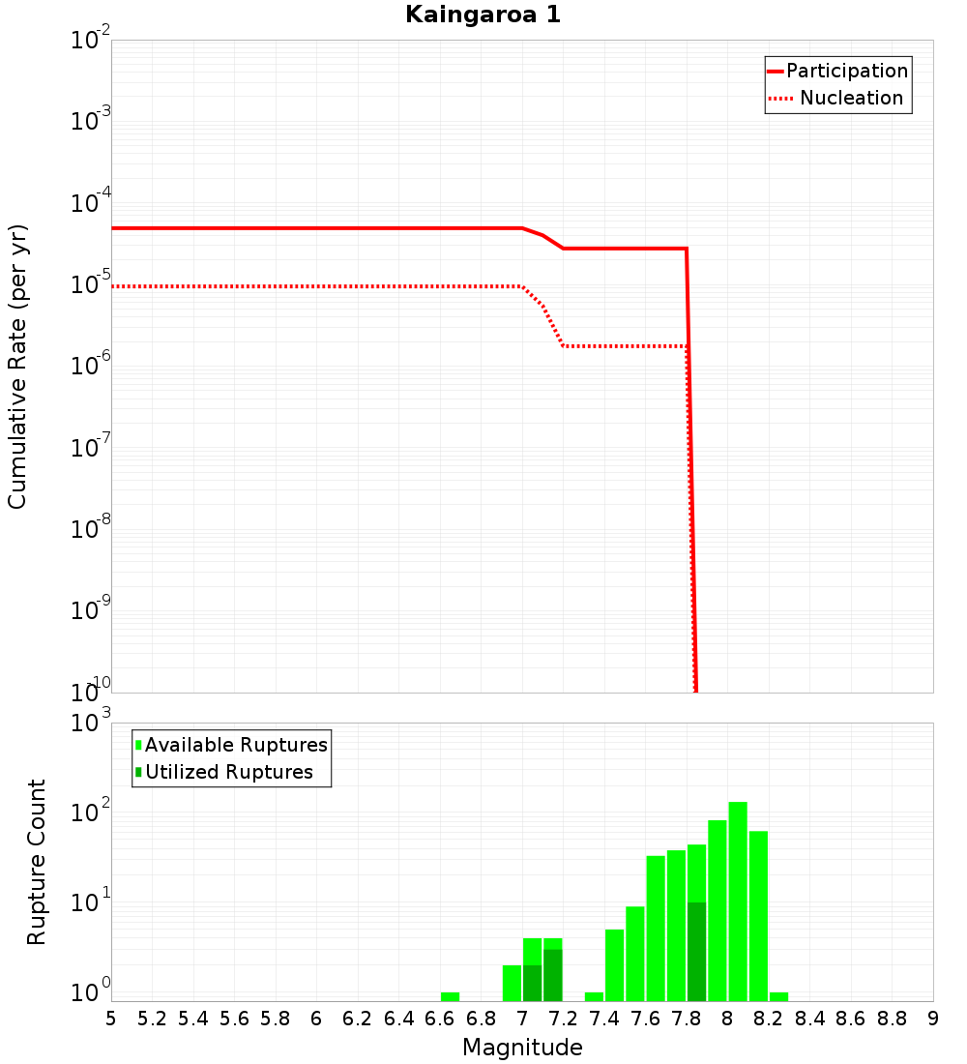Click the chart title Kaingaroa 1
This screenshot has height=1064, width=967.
(x=483, y=15)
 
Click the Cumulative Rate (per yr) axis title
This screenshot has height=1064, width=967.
(x=17, y=367)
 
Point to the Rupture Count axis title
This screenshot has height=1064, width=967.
(x=37, y=862)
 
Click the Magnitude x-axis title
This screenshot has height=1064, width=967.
(x=522, y=1048)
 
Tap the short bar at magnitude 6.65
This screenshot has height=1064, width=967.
(x=450, y=996)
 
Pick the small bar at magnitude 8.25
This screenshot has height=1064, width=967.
(x=778, y=996)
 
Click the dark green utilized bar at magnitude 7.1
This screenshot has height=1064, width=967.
(x=552, y=975)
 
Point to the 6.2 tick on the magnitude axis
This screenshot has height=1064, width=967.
(x=358, y=1019)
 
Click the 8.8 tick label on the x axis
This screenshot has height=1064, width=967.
(x=892, y=1019)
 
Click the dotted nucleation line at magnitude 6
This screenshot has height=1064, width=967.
(x=317, y=286)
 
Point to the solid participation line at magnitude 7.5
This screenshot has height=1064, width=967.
(x=625, y=249)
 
